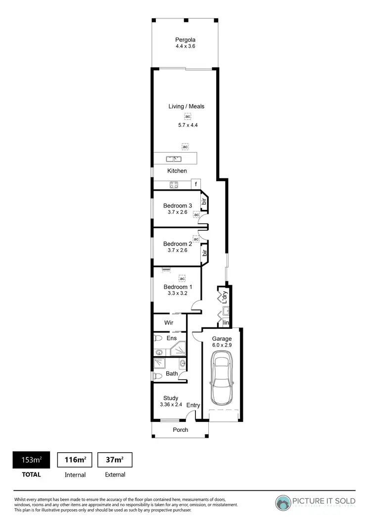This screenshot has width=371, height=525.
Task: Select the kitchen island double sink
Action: pyautogui.click(x=174, y=159)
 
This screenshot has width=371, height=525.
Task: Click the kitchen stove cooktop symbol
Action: pyautogui.click(x=174, y=185)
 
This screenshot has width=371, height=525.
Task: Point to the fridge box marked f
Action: pyautogui.click(x=196, y=185)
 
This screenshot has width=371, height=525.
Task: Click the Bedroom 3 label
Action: pyautogui.click(x=178, y=206)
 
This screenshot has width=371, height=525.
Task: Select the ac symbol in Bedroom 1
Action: pyautogui.click(x=182, y=278)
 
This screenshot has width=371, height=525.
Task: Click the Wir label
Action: pyautogui.click(x=168, y=322)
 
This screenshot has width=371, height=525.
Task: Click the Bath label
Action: pyautogui.click(x=172, y=374)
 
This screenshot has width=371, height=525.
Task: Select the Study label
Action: pyautogui.click(x=171, y=398)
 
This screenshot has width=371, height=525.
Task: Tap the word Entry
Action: pyautogui.click(x=193, y=405)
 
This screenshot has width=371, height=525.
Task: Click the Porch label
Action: pyautogui.click(x=181, y=429)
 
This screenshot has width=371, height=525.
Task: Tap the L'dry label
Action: pyautogui.click(x=224, y=296)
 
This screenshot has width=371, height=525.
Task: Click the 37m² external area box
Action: pyautogui.click(x=115, y=460)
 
